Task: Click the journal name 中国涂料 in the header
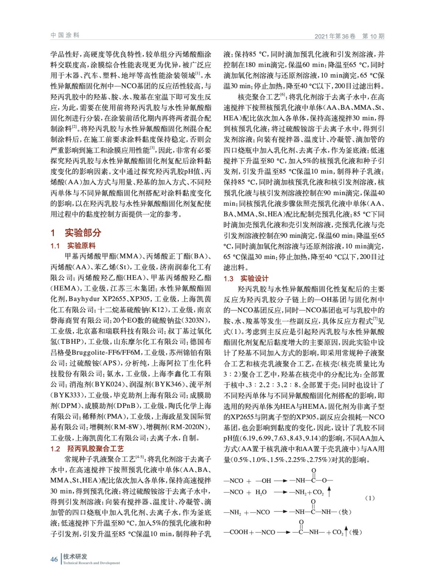coord(65,35)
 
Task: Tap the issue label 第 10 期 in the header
coord(373,36)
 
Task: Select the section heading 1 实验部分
coord(76,232)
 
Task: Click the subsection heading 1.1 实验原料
coord(73,246)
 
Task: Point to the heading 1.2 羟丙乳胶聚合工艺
coord(87,448)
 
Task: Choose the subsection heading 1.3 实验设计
coord(246,278)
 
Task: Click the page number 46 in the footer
coord(54,559)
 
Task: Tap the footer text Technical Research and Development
coord(91,563)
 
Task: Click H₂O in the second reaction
coord(261,492)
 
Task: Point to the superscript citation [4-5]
coord(140,457)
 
